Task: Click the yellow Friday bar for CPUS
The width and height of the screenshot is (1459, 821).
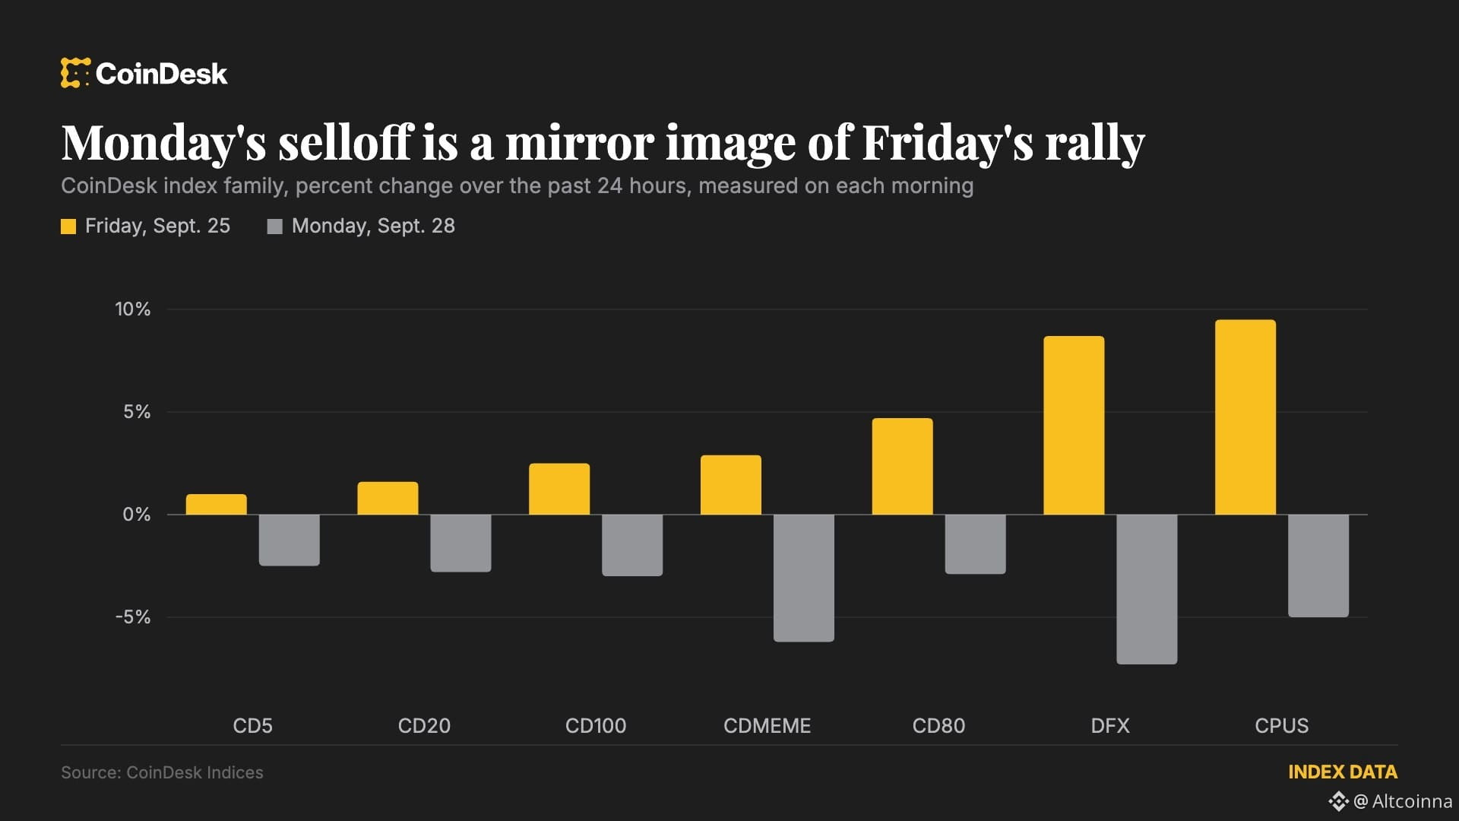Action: tap(1245, 417)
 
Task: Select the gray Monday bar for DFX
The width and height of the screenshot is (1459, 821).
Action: tap(1147, 589)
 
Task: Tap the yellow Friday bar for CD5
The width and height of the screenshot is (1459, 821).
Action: tap(217, 505)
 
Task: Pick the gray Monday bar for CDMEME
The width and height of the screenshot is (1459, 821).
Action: tap(804, 578)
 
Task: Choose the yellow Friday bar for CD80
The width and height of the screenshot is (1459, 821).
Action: tap(902, 466)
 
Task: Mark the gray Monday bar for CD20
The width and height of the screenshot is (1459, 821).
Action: tap(460, 543)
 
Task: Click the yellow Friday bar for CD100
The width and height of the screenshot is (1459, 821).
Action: tap(559, 489)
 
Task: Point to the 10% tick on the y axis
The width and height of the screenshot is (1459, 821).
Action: tap(133, 309)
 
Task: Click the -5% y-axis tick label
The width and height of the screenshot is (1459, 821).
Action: tap(133, 617)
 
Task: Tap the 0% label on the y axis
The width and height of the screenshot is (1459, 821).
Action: tap(137, 515)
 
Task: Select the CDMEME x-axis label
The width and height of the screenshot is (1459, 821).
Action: tap(767, 726)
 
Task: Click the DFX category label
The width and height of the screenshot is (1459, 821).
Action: tap(1110, 726)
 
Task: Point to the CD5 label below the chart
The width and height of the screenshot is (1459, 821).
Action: tap(252, 726)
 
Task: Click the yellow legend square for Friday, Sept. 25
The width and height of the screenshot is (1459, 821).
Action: tap(68, 227)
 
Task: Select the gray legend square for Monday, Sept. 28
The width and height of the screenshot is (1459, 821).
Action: tap(275, 227)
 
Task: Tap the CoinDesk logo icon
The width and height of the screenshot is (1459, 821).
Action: tap(75, 73)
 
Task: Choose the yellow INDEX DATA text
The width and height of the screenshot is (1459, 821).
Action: tap(1343, 772)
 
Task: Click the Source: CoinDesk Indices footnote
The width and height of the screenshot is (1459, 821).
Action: tap(162, 772)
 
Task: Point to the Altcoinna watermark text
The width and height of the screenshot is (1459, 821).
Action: tap(1412, 801)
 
